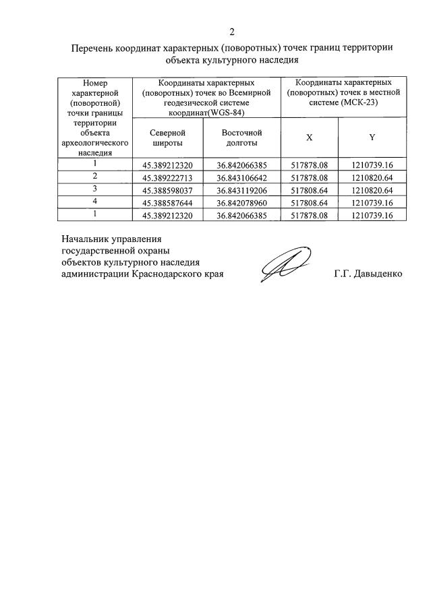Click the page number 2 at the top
point(231,32)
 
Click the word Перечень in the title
point(93,48)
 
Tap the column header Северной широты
point(167,138)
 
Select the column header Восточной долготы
point(241,138)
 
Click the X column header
point(309,138)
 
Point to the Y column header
point(372,138)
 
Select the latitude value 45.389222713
point(167,177)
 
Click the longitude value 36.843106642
point(241,177)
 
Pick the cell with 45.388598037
point(167,190)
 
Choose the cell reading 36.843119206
point(241,190)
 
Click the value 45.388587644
point(167,202)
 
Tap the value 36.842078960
point(241,202)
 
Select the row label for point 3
point(94,188)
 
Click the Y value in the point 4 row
point(372,202)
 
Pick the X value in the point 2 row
point(309,177)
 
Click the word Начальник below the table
point(87,239)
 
